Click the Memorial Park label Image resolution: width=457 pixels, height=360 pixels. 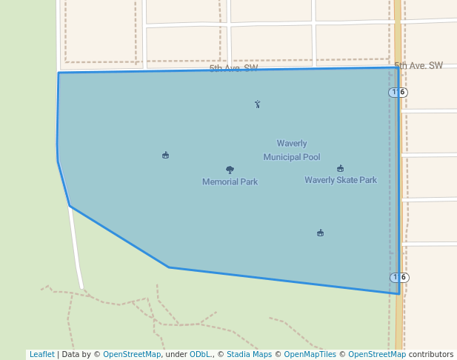tap(230, 181)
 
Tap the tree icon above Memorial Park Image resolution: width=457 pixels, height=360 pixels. tap(230, 170)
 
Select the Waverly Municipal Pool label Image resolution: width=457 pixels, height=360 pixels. tap(292, 150)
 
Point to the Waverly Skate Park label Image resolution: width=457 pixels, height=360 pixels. tap(341, 180)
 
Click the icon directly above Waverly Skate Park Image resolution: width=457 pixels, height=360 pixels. tap(340, 168)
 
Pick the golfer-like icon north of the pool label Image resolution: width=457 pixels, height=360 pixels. tap(257, 104)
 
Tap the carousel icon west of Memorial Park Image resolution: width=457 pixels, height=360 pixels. tap(165, 155)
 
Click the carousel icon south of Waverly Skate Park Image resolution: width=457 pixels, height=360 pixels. tap(320, 233)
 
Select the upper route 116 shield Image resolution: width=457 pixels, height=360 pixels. tap(398, 92)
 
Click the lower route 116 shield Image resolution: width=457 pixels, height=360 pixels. tap(398, 277)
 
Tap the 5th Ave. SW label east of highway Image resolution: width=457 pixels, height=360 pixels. tap(418, 66)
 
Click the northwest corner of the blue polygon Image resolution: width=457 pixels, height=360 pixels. tap(59, 73)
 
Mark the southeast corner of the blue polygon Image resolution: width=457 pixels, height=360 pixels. tap(399, 293)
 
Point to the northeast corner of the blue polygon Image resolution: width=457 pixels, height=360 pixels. tap(398, 67)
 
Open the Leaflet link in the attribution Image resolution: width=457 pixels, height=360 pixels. tap(41, 354)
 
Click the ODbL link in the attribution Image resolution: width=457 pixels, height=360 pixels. tap(200, 354)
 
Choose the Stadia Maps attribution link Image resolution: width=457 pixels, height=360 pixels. tap(249, 354)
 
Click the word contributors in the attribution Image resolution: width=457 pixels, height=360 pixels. tap(431, 354)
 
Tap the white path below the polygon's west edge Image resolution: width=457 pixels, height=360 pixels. tap(77, 252)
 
